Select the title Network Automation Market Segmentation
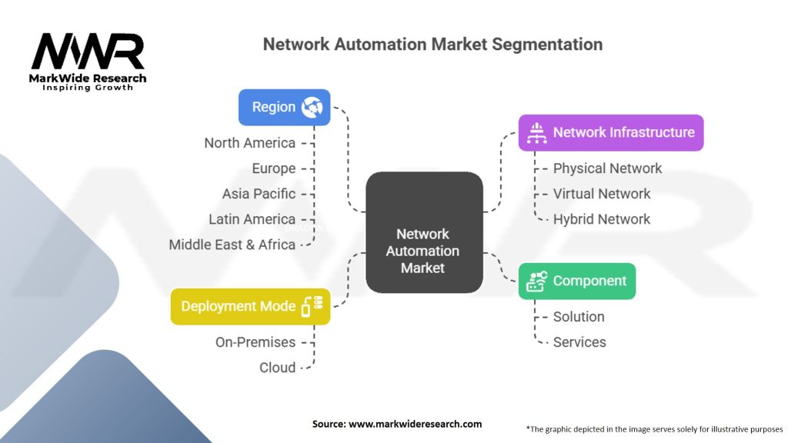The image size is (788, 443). pyautogui.click(x=432, y=44)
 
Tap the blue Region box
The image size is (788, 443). pyautogui.click(x=284, y=107)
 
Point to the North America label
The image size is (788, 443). pyautogui.click(x=249, y=143)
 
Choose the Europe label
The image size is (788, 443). pyautogui.click(x=273, y=168)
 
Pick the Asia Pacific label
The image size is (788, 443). pyautogui.click(x=259, y=194)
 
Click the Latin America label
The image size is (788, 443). pyautogui.click(x=252, y=219)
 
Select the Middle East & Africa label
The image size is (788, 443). pyautogui.click(x=232, y=245)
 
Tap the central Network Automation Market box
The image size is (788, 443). pyautogui.click(x=423, y=232)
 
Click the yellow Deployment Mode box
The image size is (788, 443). pyautogui.click(x=250, y=306)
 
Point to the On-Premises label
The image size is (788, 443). pyautogui.click(x=255, y=342)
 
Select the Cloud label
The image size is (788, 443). pyautogui.click(x=277, y=368)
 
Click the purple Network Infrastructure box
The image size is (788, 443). pyautogui.click(x=610, y=132)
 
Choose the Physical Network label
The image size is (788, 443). pyautogui.click(x=607, y=168)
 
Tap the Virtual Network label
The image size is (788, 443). pyautogui.click(x=602, y=194)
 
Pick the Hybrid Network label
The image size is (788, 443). pyautogui.click(x=602, y=219)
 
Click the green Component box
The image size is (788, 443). pyautogui.click(x=576, y=281)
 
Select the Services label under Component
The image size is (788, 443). pyautogui.click(x=579, y=342)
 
